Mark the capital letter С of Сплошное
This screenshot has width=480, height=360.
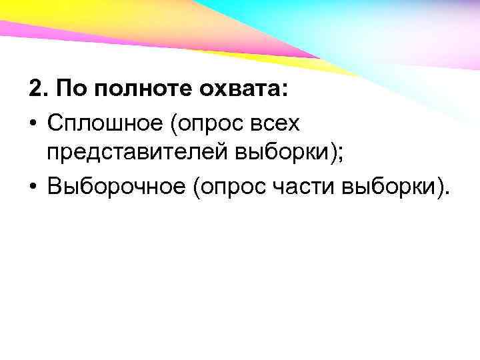[x=55, y=123]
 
